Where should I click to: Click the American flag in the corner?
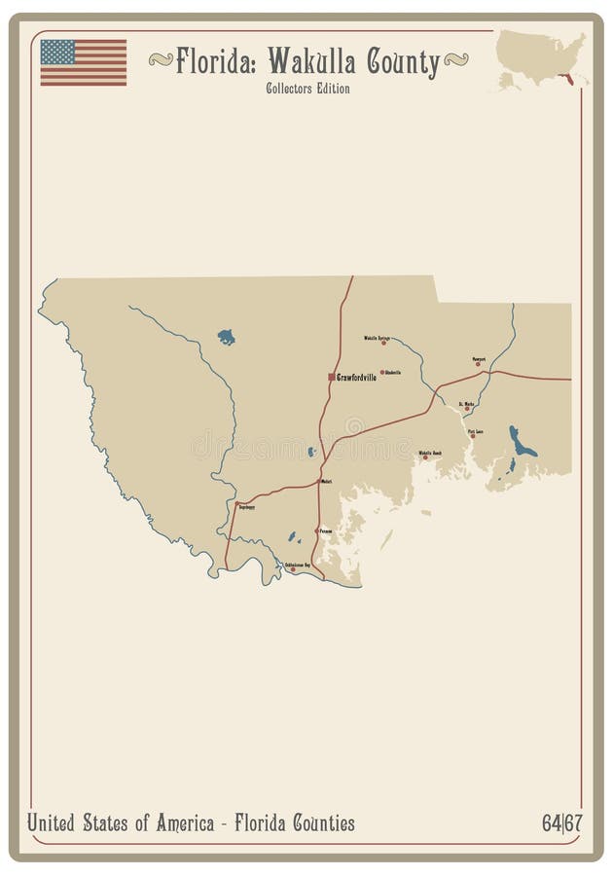[x=83, y=62]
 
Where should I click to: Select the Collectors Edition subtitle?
[x=307, y=89]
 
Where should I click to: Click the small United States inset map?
[x=541, y=58]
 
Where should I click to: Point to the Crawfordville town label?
[x=356, y=377]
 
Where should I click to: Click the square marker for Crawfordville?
[x=332, y=377]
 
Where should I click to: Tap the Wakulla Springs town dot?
[x=383, y=343]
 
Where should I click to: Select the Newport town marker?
[x=478, y=364]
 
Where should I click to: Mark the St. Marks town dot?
[x=467, y=409]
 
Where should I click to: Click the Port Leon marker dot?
[x=473, y=436]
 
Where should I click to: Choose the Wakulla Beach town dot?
[x=425, y=457]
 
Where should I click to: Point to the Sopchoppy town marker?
[x=236, y=504]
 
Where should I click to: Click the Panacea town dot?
[x=316, y=530]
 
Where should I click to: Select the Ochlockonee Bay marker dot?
[x=293, y=569]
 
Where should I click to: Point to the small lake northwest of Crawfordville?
[x=226, y=338]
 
